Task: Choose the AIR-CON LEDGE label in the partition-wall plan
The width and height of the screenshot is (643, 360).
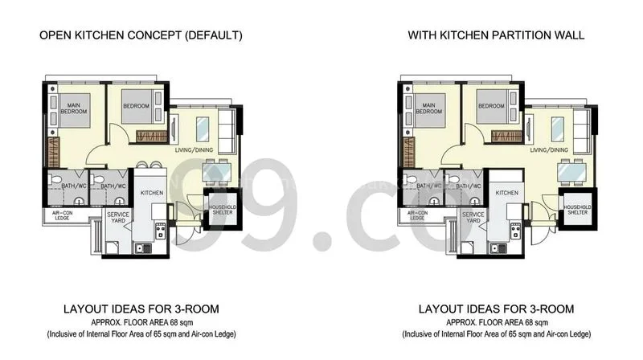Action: [416, 215]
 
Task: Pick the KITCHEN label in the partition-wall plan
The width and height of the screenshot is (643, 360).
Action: [506, 194]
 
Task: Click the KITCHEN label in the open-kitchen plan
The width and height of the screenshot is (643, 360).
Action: [152, 194]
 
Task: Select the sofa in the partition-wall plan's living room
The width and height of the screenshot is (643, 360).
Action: [579, 128]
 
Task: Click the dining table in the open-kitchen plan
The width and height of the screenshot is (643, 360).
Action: [217, 171]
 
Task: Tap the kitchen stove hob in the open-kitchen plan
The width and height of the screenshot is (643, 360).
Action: [159, 232]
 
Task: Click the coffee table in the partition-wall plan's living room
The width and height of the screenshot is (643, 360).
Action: [553, 126]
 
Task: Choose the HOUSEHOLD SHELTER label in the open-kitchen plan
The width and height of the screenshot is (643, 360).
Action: [222, 210]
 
